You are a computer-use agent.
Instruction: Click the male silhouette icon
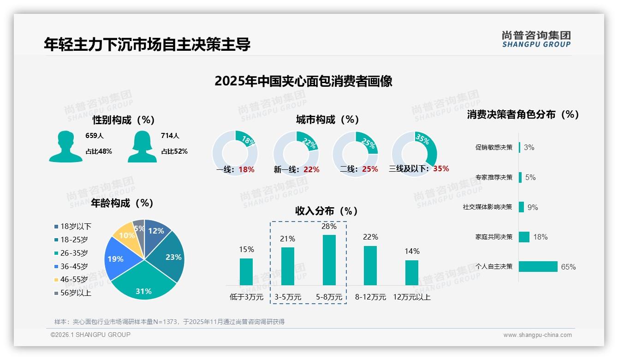[x=65, y=147]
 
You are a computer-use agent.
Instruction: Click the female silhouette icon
[x=142, y=147]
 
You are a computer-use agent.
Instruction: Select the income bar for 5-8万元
[x=329, y=260]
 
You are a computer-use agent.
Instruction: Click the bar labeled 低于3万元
[x=246, y=272]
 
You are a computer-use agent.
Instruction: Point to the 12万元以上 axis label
[x=412, y=297]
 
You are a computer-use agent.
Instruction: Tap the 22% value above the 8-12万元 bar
[x=370, y=237]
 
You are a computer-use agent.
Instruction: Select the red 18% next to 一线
[x=247, y=169]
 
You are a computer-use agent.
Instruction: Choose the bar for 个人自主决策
[x=538, y=266]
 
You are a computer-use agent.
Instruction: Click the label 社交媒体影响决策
[x=487, y=207]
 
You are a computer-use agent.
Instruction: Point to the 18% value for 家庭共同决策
[x=541, y=237]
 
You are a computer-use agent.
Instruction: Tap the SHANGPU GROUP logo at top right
[x=536, y=39]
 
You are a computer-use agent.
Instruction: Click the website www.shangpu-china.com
[x=537, y=335]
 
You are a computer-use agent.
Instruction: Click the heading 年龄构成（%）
[x=122, y=203]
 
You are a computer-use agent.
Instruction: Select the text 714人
[x=170, y=136]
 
